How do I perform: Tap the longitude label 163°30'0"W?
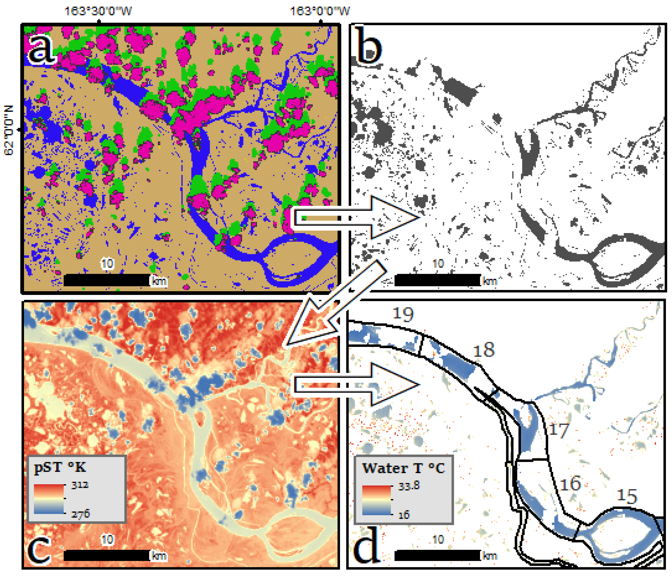click(x=98, y=11)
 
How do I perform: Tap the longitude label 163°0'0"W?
click(x=320, y=11)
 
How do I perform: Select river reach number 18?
click(x=484, y=350)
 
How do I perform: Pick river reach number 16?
click(x=570, y=484)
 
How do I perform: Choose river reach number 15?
click(x=627, y=496)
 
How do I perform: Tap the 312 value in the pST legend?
click(x=80, y=485)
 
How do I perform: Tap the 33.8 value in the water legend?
click(x=409, y=486)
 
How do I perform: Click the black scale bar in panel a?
click(x=107, y=280)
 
